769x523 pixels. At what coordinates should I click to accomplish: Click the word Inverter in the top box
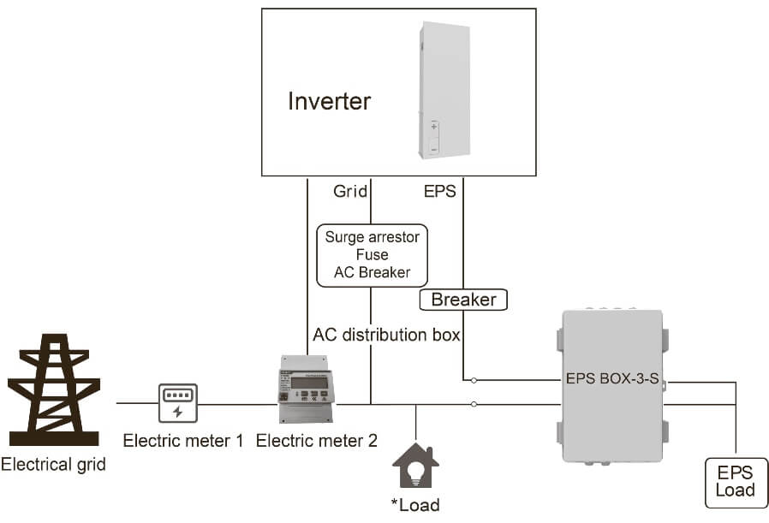pos(329,101)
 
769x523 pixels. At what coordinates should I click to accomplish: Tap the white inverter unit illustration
pos(444,90)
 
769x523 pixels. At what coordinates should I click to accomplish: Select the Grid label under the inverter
pos(350,192)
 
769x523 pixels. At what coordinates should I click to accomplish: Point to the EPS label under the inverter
pos(440,192)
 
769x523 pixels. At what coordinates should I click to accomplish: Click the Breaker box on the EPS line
pos(463,300)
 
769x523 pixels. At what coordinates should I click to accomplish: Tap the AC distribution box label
pos(386,334)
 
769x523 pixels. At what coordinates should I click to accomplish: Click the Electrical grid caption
pos(54,465)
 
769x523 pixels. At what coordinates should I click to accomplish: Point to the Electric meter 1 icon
pos(177,403)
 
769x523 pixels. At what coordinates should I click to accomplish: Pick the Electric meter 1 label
pos(183,442)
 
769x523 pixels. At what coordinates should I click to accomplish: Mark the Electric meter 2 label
pos(317,442)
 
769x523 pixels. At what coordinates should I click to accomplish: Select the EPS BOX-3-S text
pos(612,377)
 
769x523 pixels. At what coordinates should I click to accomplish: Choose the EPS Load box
pos(736,481)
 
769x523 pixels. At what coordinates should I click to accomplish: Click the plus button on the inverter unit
pos(434,127)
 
